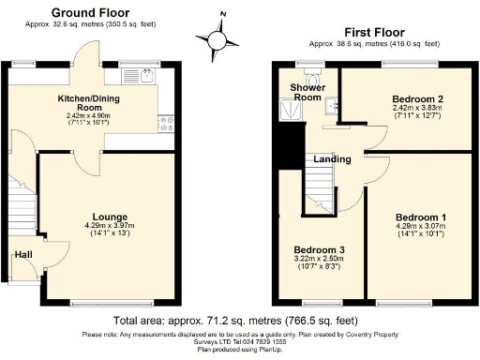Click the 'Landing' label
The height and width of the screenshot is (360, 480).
(x=332, y=159)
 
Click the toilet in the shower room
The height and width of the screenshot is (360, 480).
(x=318, y=75)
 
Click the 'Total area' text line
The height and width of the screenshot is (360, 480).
(x=239, y=321)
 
